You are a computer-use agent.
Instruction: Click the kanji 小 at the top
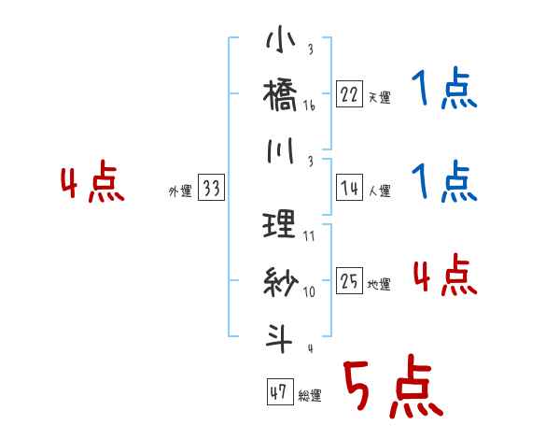coord(280,43)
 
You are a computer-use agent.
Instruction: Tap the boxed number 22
coord(348,94)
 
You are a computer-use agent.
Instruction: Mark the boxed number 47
coord(278,391)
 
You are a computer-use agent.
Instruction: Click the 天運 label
coord(379,97)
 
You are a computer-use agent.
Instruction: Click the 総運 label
coord(310,395)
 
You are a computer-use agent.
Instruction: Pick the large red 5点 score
coord(392,388)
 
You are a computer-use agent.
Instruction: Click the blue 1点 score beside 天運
coord(444,90)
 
